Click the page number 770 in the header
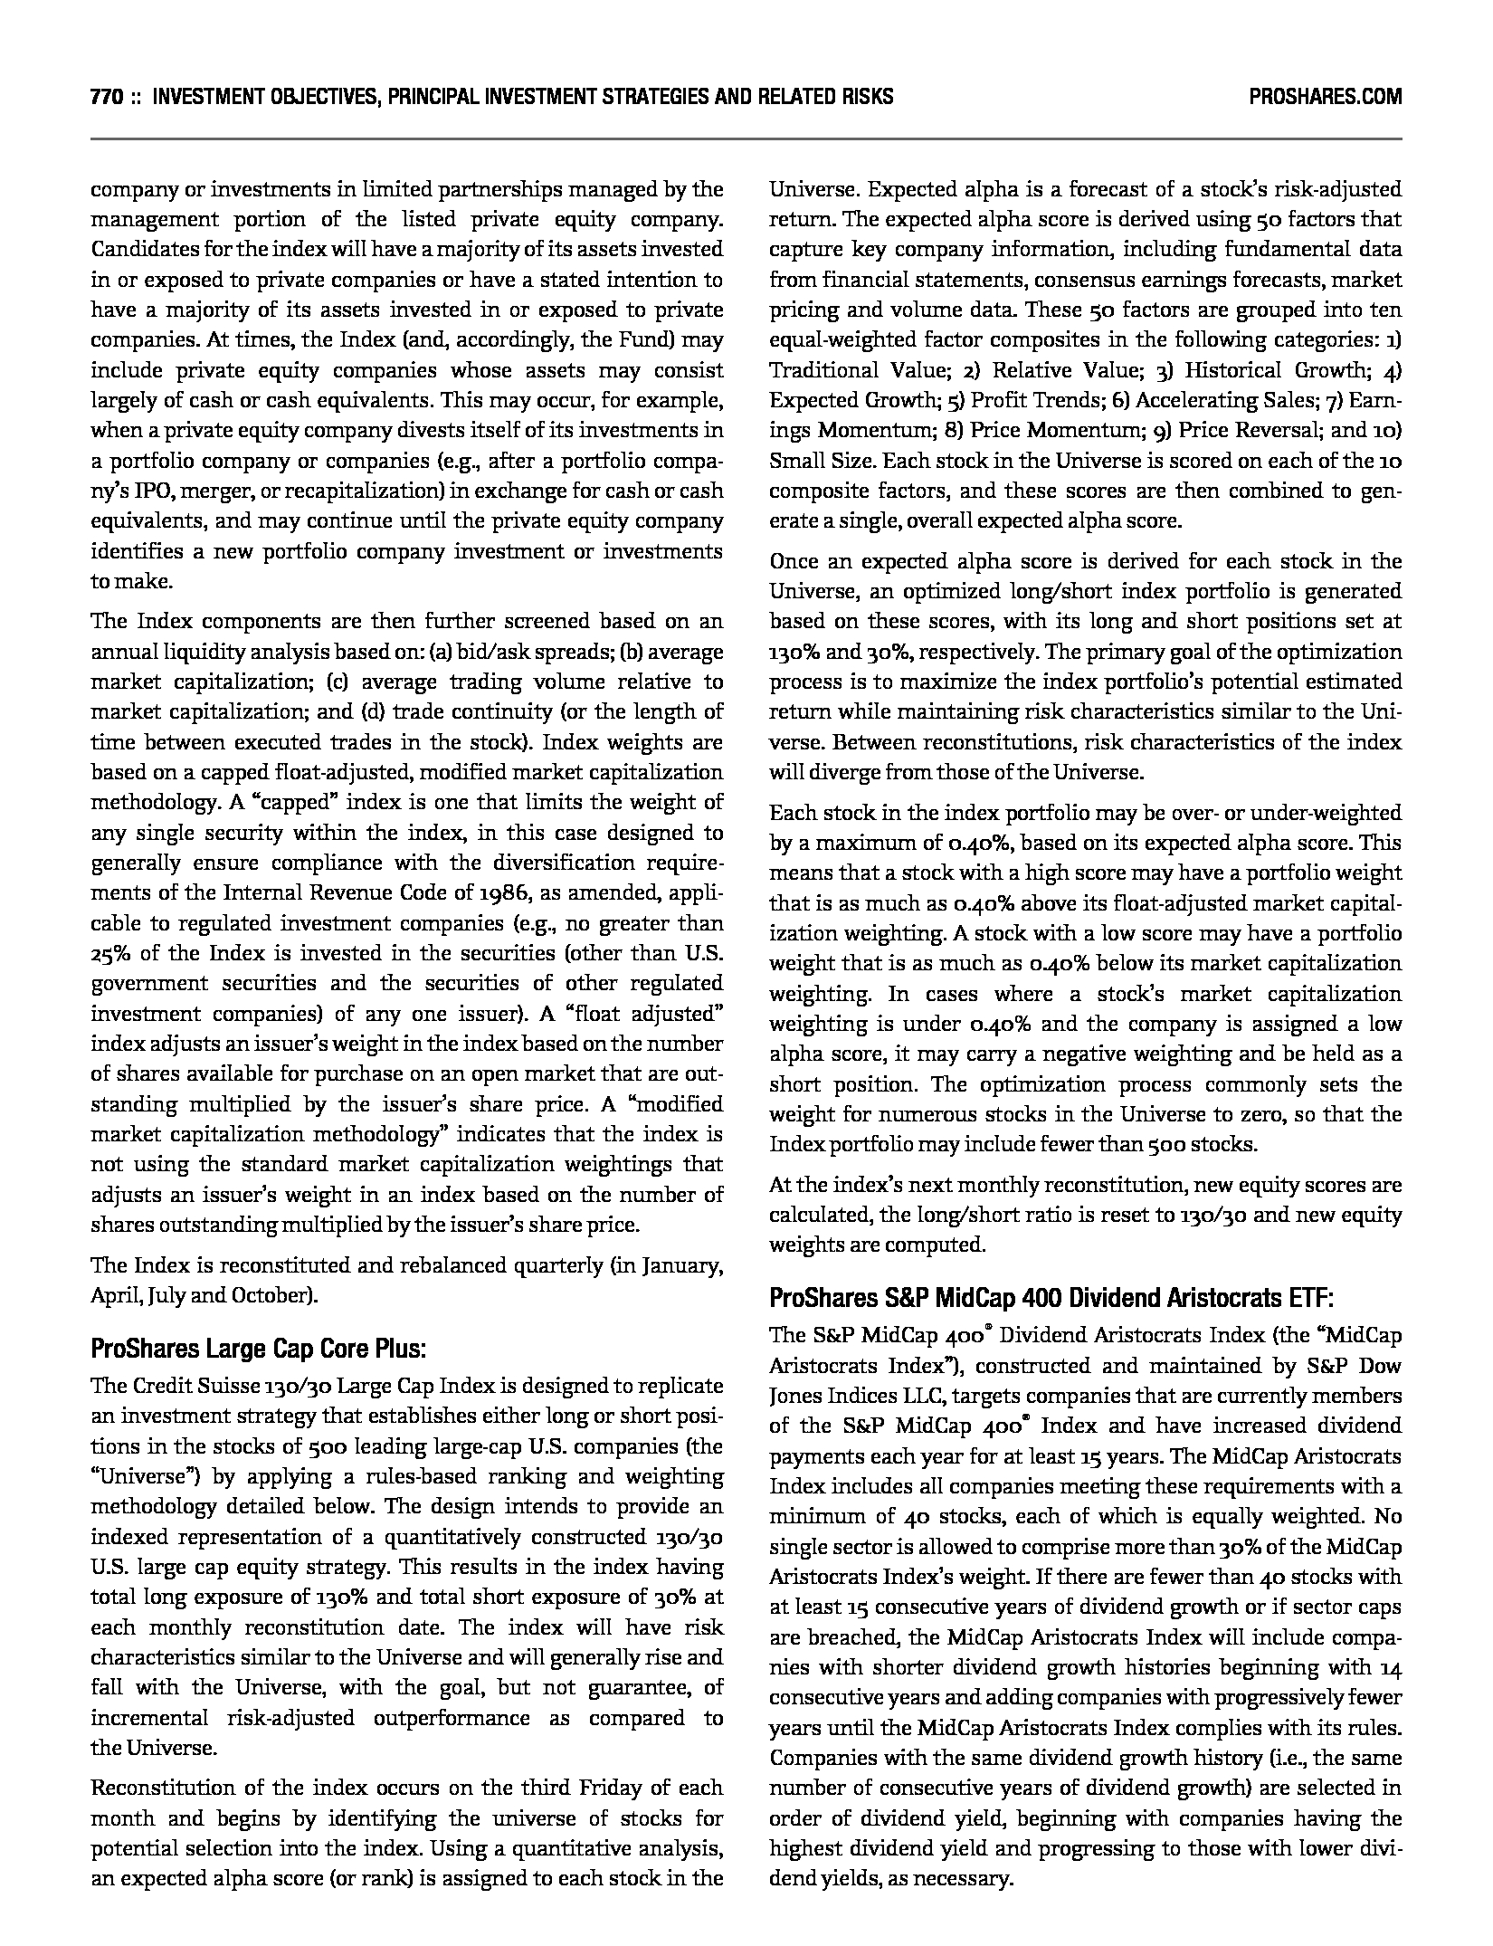click(107, 96)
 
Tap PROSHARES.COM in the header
click(1325, 96)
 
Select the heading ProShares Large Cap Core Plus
click(258, 1349)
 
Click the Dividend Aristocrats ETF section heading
click(1051, 1298)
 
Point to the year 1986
click(509, 892)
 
